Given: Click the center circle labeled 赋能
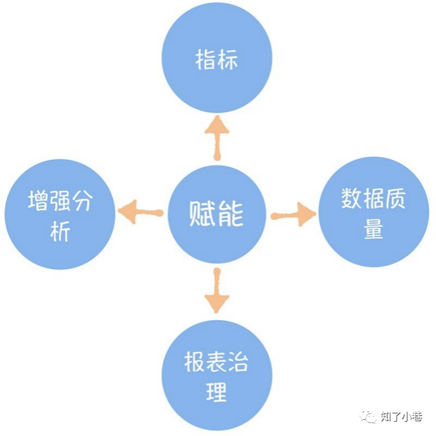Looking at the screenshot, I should pyautogui.click(x=217, y=214).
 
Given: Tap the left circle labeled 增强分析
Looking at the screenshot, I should pyautogui.click(x=60, y=214).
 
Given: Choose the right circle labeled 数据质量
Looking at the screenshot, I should pyautogui.click(x=374, y=212).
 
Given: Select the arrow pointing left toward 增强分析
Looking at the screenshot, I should pyautogui.click(x=139, y=212).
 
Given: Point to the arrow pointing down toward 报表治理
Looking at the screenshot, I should pyautogui.click(x=217, y=291).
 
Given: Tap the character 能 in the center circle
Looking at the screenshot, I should pyautogui.click(x=232, y=214).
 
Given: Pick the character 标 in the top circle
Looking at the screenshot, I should pyautogui.click(x=228, y=60).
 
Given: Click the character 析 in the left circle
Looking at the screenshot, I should pyautogui.click(x=60, y=231).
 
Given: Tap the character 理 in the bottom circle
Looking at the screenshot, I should pyautogui.click(x=217, y=391).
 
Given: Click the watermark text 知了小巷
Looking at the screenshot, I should pyautogui.click(x=401, y=417).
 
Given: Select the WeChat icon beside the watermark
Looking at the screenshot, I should pyautogui.click(x=369, y=417).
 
